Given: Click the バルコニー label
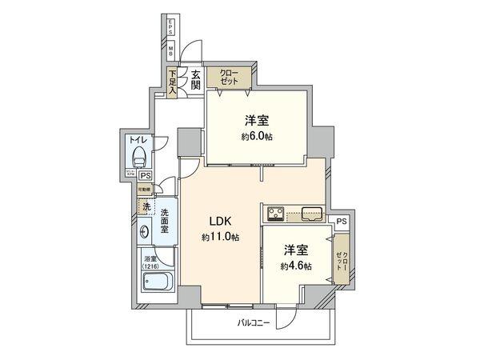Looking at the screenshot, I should point(254,323).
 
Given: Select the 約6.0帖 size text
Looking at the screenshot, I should point(256,137).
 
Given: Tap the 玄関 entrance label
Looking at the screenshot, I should point(194,80).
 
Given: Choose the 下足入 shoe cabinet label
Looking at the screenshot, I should point(172,81).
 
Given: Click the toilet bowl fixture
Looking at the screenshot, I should point(139,155).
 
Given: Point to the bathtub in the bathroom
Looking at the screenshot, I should point(157,282).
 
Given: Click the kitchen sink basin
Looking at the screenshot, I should point(311,214).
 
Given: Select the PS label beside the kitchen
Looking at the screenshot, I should point(342,222).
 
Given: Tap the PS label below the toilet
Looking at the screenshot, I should point(145,176).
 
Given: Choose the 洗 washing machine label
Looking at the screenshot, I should point(146,207).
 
